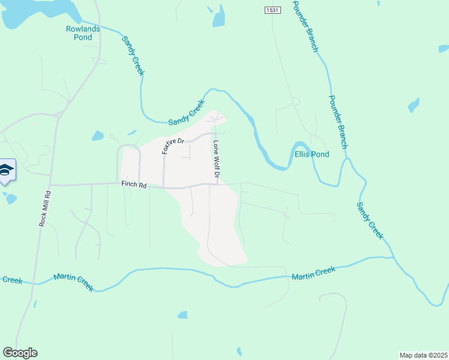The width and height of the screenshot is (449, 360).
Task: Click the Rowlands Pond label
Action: click(x=79, y=33)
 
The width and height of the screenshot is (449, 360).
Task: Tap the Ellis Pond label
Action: click(x=312, y=154)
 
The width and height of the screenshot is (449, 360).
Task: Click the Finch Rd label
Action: click(x=134, y=186)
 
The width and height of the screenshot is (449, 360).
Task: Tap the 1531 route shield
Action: click(x=271, y=10)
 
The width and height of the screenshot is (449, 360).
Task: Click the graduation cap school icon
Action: click(x=7, y=171)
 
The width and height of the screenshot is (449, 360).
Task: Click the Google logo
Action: click(x=20, y=353)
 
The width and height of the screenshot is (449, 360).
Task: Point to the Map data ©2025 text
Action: click(x=423, y=355)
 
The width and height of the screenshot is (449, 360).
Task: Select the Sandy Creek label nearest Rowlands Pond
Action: click(x=133, y=56)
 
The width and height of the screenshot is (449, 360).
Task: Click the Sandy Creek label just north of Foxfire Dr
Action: click(x=187, y=113)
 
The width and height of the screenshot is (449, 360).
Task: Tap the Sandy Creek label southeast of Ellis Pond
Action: click(x=369, y=221)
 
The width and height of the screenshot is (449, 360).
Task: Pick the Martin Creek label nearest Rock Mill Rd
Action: click(x=73, y=281)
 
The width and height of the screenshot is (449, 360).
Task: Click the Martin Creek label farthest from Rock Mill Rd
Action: click(x=313, y=273)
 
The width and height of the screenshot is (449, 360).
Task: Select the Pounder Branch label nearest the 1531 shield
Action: click(x=304, y=26)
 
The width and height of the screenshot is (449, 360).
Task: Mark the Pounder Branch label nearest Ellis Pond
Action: click(x=337, y=122)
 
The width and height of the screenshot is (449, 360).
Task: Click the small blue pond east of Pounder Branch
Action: click(x=413, y=106)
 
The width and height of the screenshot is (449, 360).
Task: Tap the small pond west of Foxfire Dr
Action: click(x=98, y=136)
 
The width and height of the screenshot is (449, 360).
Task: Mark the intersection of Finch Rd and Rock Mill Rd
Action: click(x=51, y=184)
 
